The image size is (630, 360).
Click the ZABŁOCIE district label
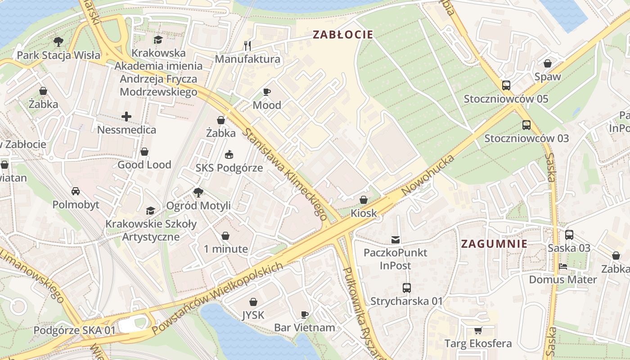(343, 35)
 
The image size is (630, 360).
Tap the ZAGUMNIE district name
(494, 244)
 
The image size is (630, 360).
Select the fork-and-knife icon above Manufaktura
(247, 45)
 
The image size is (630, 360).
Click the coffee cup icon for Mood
(267, 92)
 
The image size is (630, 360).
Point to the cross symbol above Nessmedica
(126, 117)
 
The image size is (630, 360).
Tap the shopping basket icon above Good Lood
(144, 152)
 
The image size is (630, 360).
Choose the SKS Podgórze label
(229, 168)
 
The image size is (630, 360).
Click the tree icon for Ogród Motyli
(198, 193)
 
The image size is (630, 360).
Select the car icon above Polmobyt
(76, 191)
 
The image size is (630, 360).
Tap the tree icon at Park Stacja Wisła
(58, 42)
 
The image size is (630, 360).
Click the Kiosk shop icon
(364, 200)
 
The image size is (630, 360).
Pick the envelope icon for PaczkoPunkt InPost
(396, 239)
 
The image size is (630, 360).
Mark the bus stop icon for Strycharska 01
(407, 288)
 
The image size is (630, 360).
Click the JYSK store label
(253, 315)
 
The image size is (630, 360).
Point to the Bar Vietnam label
(305, 328)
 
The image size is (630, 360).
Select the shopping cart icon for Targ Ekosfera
(478, 330)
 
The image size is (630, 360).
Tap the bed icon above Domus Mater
(562, 266)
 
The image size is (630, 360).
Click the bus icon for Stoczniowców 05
(506, 85)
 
